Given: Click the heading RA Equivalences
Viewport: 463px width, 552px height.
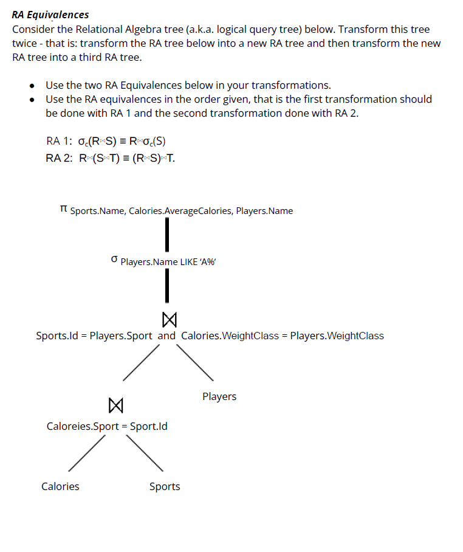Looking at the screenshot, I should [50, 15].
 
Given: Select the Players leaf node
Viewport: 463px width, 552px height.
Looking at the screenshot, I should [219, 396].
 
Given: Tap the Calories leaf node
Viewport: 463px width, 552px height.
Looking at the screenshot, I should [60, 486].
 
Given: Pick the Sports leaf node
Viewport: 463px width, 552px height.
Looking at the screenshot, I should [165, 486].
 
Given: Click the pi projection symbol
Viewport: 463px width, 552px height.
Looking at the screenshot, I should [64, 210].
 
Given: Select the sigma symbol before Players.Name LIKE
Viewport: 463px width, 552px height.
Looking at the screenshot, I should [114, 260].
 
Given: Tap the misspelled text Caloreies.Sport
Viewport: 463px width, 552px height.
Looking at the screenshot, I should [83, 426].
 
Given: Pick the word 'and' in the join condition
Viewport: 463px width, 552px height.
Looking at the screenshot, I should [166, 336].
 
